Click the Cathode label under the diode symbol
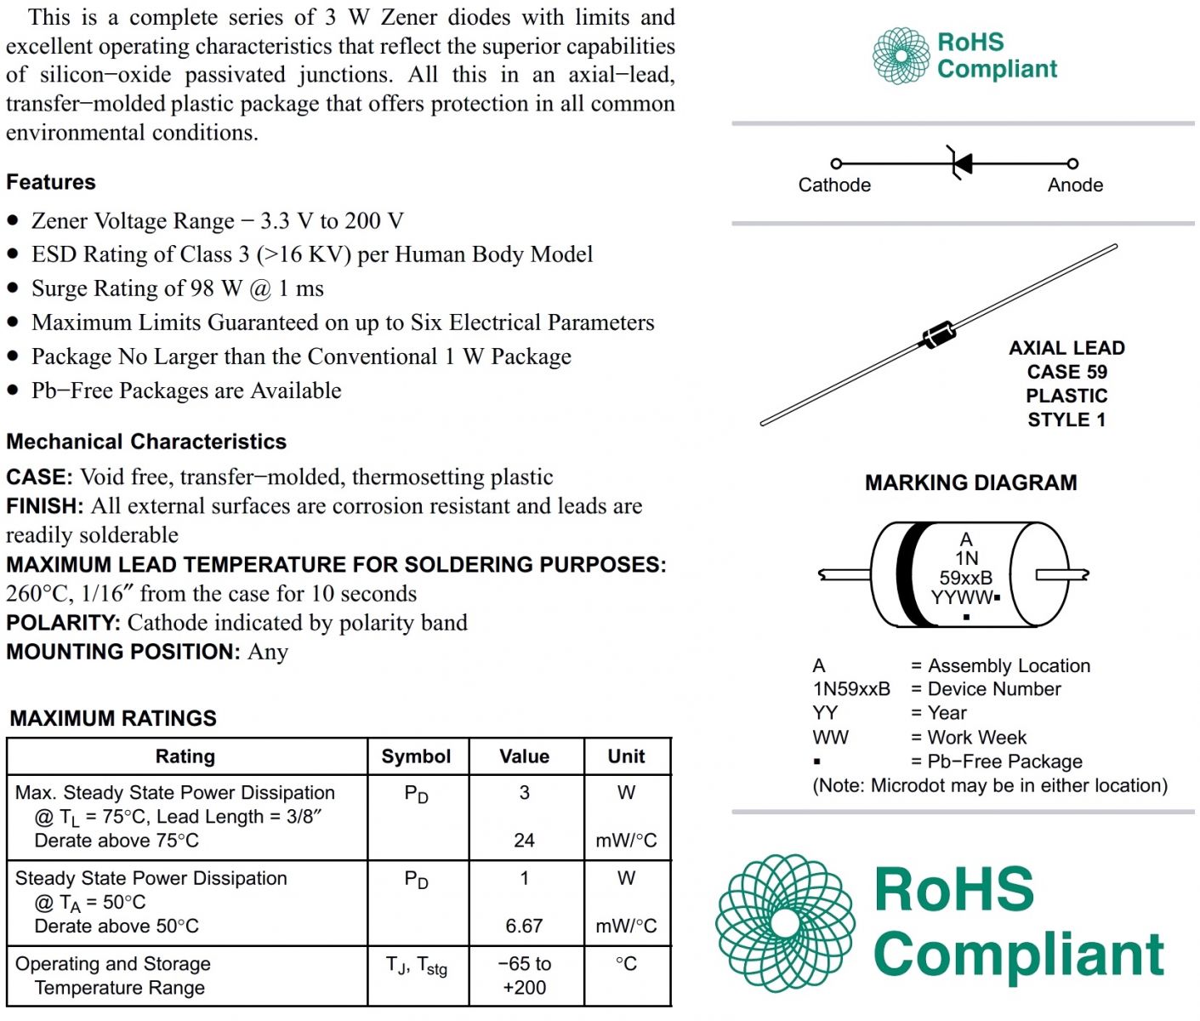tap(833, 185)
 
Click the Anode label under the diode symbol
tap(1075, 185)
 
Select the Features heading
tap(51, 182)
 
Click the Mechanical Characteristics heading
tap(146, 442)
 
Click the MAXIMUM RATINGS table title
tap(113, 718)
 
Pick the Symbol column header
tap(416, 756)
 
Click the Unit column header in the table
tap(626, 756)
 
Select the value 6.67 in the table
tap(524, 926)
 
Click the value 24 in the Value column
tap(524, 841)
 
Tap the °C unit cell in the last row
tap(626, 964)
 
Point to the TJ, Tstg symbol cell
tap(416, 966)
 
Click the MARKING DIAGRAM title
tap(970, 483)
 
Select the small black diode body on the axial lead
tap(938, 334)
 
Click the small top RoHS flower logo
tap(901, 56)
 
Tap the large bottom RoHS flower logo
tap(784, 923)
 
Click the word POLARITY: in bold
tap(64, 623)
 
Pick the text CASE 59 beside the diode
tap(1066, 372)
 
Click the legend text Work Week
tap(976, 738)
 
